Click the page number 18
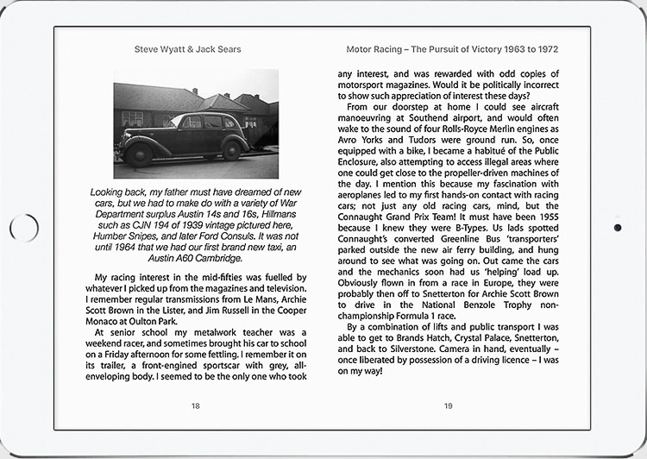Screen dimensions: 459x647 point(196,406)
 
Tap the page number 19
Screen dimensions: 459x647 point(448,406)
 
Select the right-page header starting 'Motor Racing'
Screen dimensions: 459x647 point(449,49)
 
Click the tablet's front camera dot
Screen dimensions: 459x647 point(619,228)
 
